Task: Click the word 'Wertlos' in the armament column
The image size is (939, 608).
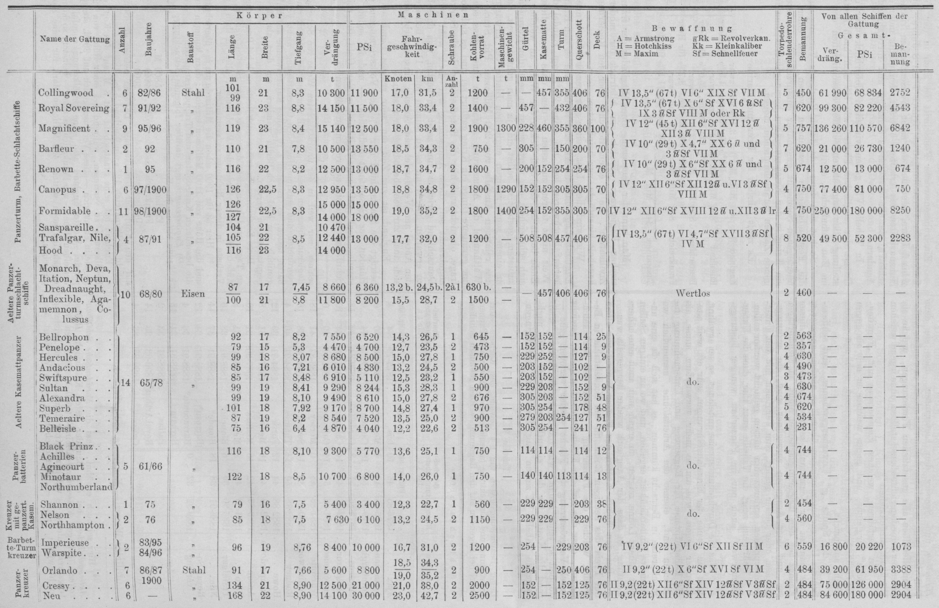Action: click(x=693, y=294)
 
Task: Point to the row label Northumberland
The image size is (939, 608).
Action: click(x=75, y=486)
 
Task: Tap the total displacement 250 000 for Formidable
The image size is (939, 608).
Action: click(x=830, y=211)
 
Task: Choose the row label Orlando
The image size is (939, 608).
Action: click(x=59, y=571)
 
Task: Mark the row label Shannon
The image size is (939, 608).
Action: click(x=60, y=506)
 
